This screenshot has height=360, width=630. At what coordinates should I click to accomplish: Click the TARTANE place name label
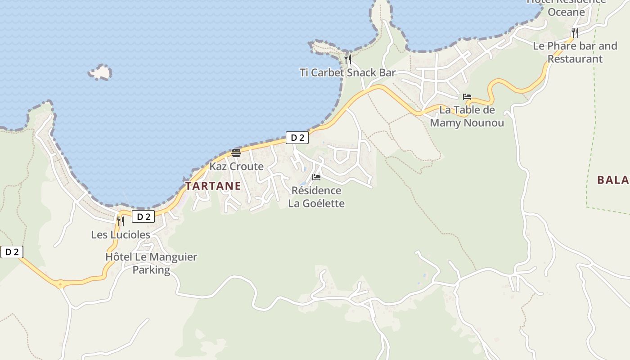pos(213,186)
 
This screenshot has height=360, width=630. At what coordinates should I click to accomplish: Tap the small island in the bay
pos(100,72)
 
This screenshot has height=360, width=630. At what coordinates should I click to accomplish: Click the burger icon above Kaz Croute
pos(236,153)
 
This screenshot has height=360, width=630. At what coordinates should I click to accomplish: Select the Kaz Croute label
pos(236,166)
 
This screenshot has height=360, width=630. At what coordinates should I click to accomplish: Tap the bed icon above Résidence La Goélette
pos(316,177)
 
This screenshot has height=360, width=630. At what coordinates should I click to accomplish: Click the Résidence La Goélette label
pos(316,197)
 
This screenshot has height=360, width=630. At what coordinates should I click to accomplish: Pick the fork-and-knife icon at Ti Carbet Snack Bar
pos(347,59)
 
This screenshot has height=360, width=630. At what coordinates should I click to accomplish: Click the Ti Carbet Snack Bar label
pos(347,72)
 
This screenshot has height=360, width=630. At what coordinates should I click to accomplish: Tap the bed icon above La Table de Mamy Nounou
pos(467,97)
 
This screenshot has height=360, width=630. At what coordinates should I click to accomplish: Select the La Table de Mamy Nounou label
pos(467,116)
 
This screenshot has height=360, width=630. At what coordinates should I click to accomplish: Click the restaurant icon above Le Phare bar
pos(575,32)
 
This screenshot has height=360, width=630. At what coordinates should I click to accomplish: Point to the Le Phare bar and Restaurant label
pos(575,52)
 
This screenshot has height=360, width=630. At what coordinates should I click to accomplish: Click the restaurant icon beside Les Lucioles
pos(120,221)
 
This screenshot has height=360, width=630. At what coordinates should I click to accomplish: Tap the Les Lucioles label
pos(121,234)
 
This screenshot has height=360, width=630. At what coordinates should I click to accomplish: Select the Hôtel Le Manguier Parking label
pos(151,263)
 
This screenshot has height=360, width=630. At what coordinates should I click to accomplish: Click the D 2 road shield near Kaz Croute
pos(297,138)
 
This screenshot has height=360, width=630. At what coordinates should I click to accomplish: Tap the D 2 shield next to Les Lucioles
pos(143,217)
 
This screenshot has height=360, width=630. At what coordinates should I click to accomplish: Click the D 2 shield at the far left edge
pos(12,252)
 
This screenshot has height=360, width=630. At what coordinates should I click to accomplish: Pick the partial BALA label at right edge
pos(612,180)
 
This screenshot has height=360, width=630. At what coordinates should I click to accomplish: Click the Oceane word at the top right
pos(566,12)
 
